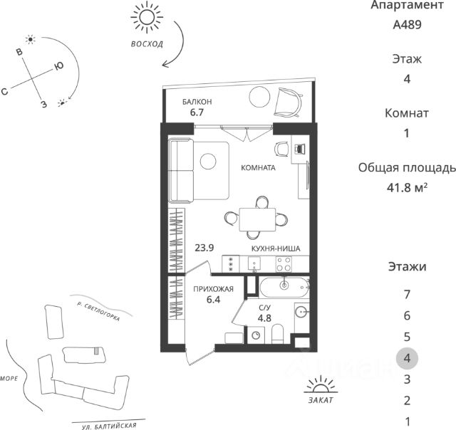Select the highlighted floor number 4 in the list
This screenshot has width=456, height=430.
pos(407,357)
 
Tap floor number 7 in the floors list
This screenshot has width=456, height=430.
pos(407,293)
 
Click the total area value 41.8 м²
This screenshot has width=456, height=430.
pos(407,187)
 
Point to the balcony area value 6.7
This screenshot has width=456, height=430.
pos(197,112)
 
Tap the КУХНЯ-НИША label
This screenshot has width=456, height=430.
pos(274,248)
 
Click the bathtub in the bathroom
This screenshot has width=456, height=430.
pos(284,288)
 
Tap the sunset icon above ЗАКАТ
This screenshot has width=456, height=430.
pos(319,386)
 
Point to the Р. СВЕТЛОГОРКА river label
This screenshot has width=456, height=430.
pos(99,311)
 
